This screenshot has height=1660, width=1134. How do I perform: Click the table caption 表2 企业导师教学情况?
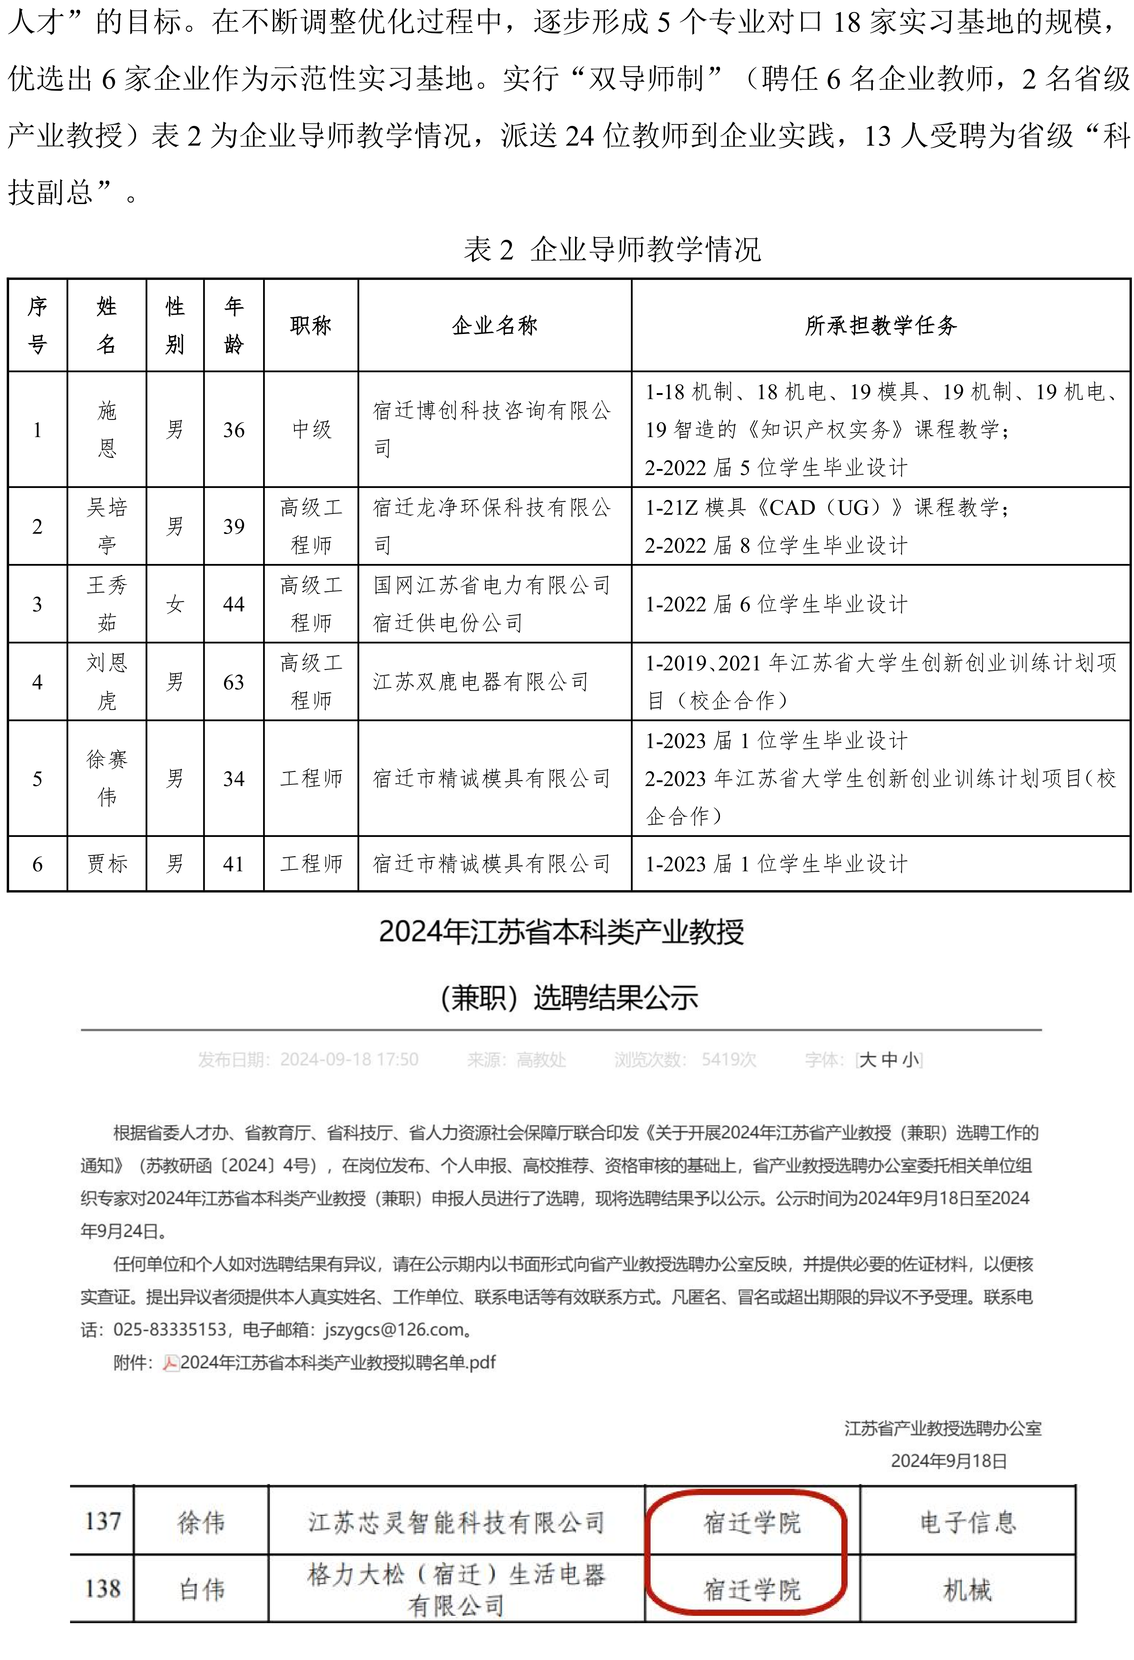point(612,249)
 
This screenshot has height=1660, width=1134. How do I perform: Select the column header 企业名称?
point(494,326)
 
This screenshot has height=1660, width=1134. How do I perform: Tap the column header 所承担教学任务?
point(880,326)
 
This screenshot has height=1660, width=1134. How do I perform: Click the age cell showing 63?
point(234,682)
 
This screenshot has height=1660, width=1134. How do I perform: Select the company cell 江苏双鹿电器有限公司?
point(481,682)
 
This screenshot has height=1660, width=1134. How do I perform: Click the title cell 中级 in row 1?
point(311,429)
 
